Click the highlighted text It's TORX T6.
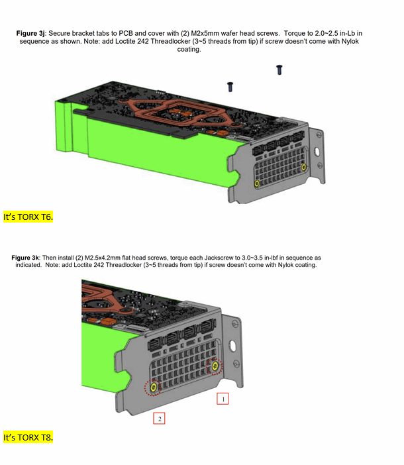point(28,217)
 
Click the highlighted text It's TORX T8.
point(28,438)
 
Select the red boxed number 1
point(223,399)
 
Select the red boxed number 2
point(159,418)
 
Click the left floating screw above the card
point(230,86)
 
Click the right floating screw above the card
point(279,68)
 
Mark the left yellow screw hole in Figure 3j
point(257,183)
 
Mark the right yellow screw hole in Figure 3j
point(303,167)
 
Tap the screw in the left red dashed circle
point(154,386)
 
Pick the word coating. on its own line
point(188,48)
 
